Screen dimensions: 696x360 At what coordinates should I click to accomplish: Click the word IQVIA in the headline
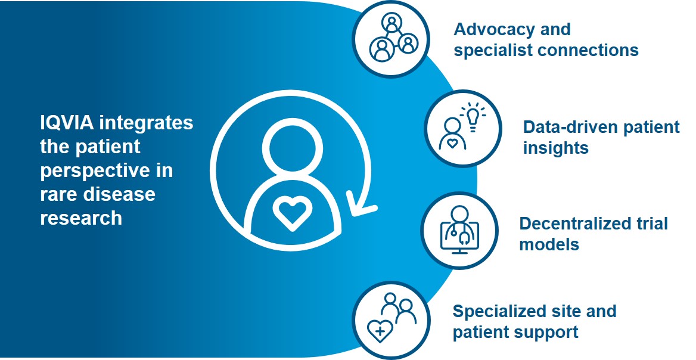67,123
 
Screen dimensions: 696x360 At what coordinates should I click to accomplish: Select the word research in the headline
81,218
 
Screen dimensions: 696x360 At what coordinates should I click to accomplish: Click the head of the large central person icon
290,147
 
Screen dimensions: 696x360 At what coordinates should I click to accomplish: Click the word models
549,244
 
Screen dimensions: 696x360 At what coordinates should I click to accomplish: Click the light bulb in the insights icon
473,116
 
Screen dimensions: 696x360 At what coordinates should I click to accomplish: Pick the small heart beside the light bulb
452,143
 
